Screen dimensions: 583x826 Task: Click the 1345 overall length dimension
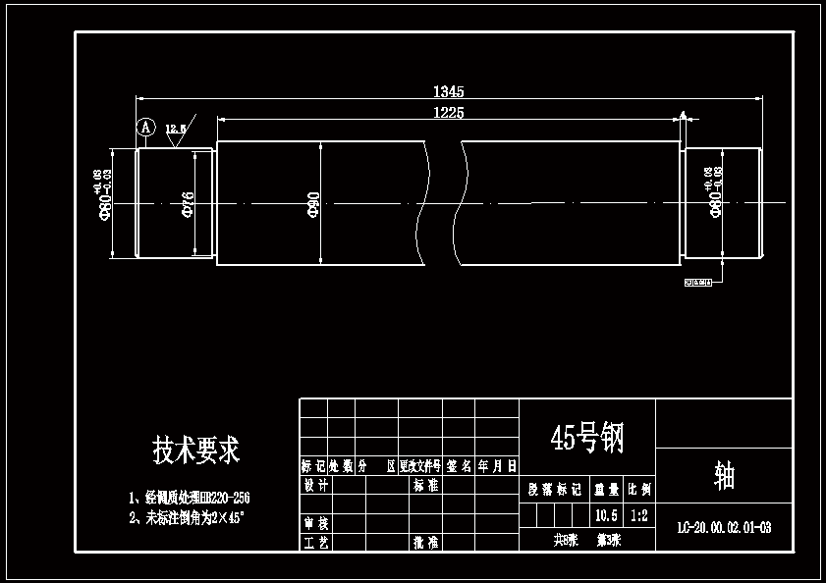pyautogui.click(x=448, y=91)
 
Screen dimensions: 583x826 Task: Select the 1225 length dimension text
pyautogui.click(x=448, y=113)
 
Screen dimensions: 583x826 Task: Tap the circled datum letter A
pyautogui.click(x=145, y=128)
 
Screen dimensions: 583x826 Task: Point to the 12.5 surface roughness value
pyautogui.click(x=176, y=129)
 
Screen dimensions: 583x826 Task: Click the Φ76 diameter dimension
pyautogui.click(x=188, y=204)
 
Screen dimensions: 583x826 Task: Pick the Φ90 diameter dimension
pyautogui.click(x=313, y=204)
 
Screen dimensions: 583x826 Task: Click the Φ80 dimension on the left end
pyautogui.click(x=104, y=201)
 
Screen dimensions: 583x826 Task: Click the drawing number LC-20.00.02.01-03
pyautogui.click(x=724, y=528)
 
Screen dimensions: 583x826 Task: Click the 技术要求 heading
pyautogui.click(x=195, y=450)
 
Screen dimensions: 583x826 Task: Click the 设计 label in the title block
pyautogui.click(x=313, y=485)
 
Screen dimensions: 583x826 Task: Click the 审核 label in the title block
pyautogui.click(x=313, y=523)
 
